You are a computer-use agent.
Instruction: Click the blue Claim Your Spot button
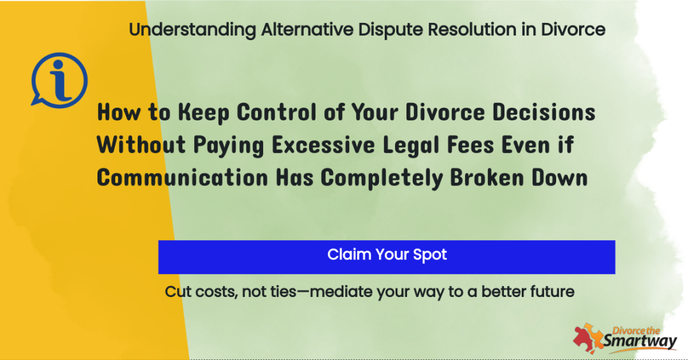coord(387,257)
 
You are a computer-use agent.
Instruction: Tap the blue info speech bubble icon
coord(59,80)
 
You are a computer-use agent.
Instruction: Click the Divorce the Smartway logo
coord(625,338)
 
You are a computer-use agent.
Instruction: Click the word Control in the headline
coord(276,112)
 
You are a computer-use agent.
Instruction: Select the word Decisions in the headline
coord(543,112)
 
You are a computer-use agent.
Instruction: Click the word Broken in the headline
coord(487,177)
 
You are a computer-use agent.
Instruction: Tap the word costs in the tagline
coord(217,292)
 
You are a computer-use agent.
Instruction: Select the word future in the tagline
coord(552,292)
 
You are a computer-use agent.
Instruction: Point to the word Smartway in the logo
coord(640,342)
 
